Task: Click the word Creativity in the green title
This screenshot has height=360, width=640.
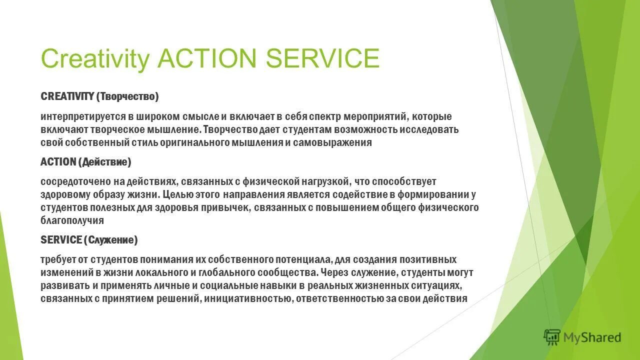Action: click(94, 58)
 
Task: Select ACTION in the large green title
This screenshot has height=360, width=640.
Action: click(206, 58)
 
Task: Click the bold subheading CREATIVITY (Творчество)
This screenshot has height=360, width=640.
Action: click(99, 96)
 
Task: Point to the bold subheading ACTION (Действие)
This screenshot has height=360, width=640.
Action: click(85, 162)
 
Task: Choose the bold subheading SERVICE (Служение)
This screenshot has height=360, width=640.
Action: click(89, 240)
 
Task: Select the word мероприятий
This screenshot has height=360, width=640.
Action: click(374, 117)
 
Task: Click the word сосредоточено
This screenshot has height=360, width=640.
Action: click(70, 181)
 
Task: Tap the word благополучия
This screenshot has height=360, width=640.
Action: click(72, 220)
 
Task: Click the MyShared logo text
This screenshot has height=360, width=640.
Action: click(592, 338)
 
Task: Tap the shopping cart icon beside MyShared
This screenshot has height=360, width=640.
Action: click(552, 337)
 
